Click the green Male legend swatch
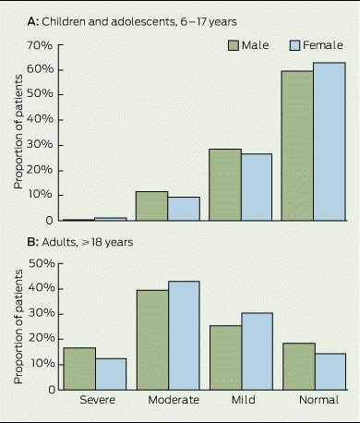[x=234, y=45]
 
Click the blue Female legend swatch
[x=294, y=45]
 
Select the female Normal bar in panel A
[x=330, y=141]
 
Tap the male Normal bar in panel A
[x=297, y=146]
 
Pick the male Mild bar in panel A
[x=225, y=185]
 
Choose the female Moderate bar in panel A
[x=184, y=209]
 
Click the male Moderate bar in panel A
[x=152, y=206]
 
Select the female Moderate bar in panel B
[x=184, y=335]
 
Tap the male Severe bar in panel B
[x=79, y=369]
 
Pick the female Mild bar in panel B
[x=258, y=351]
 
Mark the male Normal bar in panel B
[x=299, y=367]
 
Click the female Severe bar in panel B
[x=111, y=374]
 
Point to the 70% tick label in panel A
[x=40, y=45]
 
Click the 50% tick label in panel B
[x=42, y=263]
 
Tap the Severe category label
[x=98, y=400]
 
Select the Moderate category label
[x=174, y=400]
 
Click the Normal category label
[x=318, y=400]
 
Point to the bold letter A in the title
[x=32, y=22]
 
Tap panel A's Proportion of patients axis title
[x=18, y=131]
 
